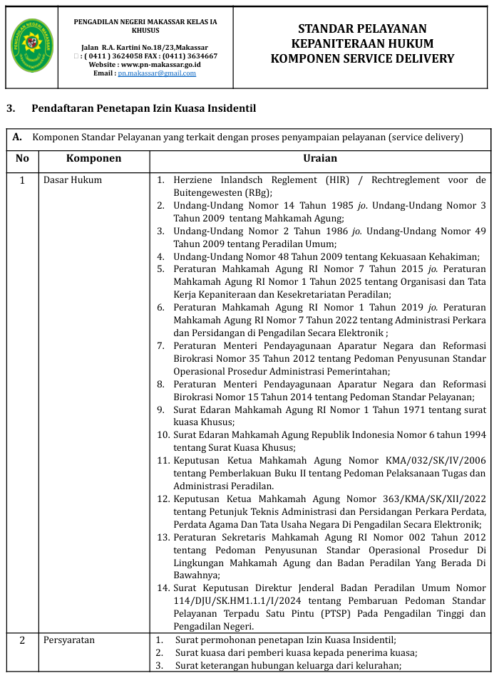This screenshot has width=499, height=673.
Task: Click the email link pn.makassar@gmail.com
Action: click(x=147, y=73)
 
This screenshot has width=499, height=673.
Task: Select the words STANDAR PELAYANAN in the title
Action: click(x=362, y=28)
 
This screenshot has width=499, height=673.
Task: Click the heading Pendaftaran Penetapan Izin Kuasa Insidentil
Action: click(x=143, y=108)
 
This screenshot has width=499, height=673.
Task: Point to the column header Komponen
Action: click(x=93, y=158)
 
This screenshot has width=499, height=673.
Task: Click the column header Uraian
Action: click(x=320, y=158)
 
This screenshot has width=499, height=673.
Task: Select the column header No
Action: click(x=22, y=158)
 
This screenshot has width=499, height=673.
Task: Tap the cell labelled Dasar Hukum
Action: click(x=73, y=179)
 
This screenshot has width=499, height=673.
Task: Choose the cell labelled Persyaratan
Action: click(x=69, y=640)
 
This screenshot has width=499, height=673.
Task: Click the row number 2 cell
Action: click(x=22, y=640)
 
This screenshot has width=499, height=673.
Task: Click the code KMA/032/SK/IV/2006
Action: click(x=436, y=461)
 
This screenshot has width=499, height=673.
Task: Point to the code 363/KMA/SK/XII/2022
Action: click(x=436, y=499)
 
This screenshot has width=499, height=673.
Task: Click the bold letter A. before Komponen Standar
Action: click(x=18, y=137)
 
